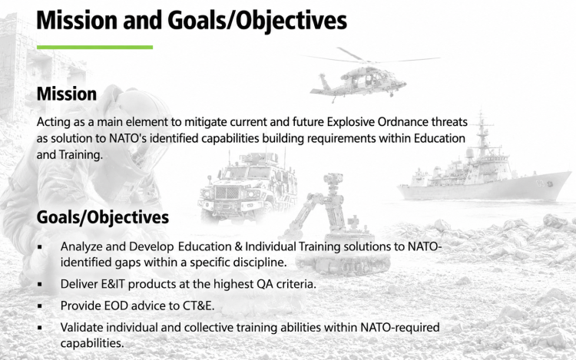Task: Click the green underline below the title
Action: coord(94,48)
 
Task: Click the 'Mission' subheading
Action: coord(67,94)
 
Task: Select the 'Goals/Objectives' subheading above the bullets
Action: coord(103,217)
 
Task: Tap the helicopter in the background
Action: coord(367,75)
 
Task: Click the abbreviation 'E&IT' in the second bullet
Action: coord(113,284)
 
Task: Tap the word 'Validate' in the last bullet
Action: coord(81,327)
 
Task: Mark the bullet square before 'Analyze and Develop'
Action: coord(40,247)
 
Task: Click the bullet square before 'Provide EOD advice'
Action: coord(40,306)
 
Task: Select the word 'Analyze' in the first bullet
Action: coord(81,246)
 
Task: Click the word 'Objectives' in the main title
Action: coord(290,21)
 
